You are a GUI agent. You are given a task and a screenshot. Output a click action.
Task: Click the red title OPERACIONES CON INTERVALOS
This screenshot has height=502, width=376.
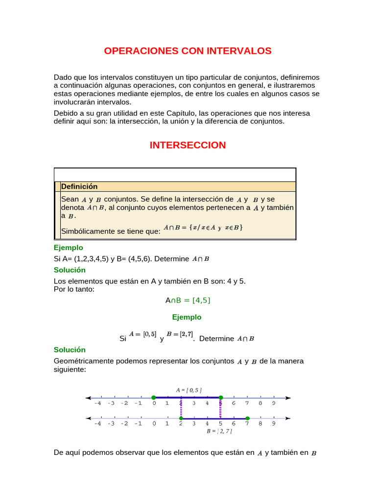188,51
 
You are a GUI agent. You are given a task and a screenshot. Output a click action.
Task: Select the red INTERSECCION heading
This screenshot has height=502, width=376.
188,145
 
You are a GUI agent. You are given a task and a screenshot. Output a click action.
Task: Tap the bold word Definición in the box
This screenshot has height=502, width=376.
79,186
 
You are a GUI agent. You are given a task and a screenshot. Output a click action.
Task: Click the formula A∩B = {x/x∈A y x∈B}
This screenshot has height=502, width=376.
203,227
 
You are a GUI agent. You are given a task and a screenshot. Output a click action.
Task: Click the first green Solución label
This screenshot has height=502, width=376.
70,270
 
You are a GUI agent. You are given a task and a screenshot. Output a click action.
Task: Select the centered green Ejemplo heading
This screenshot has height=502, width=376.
187,317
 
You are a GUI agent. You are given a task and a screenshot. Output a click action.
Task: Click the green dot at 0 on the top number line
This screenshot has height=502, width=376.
154,398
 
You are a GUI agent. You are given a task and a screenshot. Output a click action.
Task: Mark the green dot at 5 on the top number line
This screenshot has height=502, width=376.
221,398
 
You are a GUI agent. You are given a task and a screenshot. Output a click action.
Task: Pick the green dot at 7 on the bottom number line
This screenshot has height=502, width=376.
247,419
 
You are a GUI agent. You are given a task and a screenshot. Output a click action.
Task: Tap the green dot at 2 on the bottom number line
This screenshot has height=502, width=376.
181,419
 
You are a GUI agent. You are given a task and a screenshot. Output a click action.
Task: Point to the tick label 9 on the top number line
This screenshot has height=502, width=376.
274,403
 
